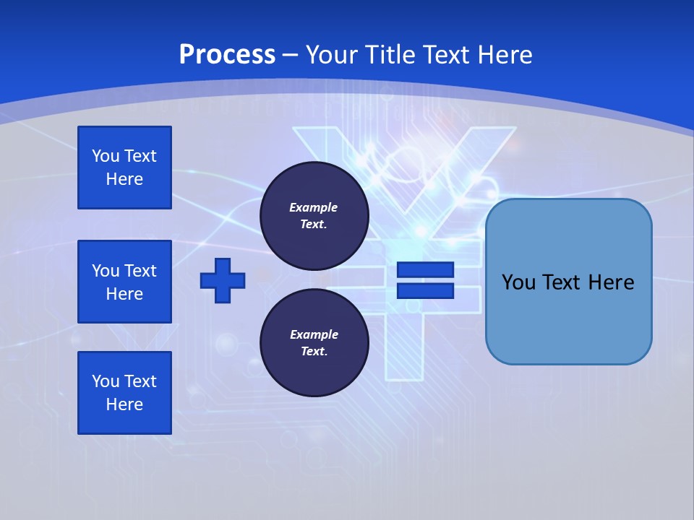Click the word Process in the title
pos(227,55)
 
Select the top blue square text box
pos(124,168)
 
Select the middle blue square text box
pos(124,282)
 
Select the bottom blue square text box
pos(124,393)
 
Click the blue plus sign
pos(223,280)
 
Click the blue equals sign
pos(425,280)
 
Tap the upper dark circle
pos(314,216)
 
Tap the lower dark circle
pos(314,343)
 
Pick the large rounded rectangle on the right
pos(568,282)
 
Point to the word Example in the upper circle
pos(314,208)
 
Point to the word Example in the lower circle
pos(314,335)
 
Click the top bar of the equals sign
pos(425,270)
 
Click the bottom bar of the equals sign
pos(425,291)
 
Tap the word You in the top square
pos(106,157)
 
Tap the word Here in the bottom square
pos(124,405)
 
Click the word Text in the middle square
pos(140,271)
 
